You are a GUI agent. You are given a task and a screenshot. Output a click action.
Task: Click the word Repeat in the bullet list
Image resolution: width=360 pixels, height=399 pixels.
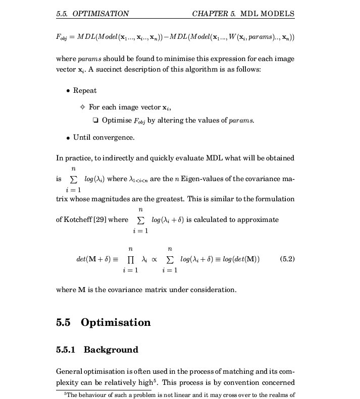(85, 91)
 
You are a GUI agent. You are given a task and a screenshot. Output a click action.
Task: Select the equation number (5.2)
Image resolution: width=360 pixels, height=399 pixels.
(287, 259)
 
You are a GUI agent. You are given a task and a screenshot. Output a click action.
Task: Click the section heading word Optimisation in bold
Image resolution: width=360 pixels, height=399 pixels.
(116, 323)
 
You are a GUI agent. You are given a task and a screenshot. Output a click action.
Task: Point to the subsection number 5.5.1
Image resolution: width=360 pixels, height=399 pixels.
(68, 350)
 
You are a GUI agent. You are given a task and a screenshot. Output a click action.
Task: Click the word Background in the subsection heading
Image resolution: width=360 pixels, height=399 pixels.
(111, 350)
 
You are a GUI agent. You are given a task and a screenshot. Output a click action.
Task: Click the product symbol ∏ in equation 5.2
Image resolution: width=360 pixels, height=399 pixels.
(131, 259)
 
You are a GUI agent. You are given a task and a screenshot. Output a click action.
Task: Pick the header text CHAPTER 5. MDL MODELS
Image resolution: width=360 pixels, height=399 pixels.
(243, 14)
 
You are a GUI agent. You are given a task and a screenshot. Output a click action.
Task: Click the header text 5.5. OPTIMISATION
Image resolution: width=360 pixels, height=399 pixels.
(93, 14)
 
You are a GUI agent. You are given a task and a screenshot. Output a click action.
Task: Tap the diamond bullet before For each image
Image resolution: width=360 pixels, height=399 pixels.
(82, 107)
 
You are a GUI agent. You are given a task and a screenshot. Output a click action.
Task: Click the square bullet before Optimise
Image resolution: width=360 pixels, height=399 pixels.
(95, 121)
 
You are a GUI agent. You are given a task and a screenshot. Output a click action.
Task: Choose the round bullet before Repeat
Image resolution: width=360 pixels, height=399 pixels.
(68, 91)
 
